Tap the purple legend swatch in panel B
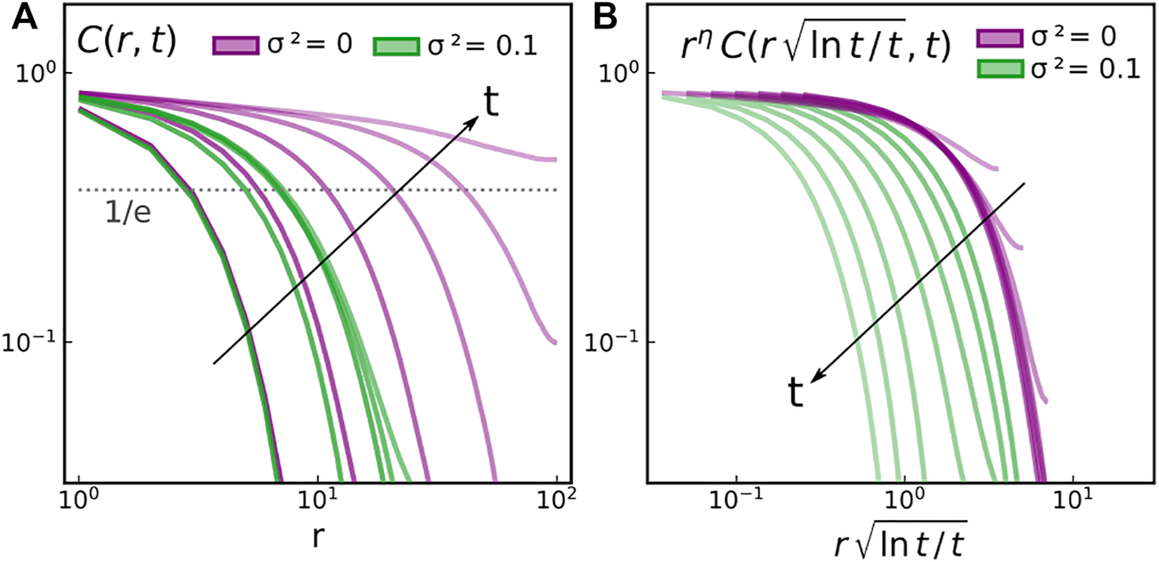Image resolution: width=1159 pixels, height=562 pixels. coord(1001,37)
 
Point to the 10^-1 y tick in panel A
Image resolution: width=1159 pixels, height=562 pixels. coord(37,342)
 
